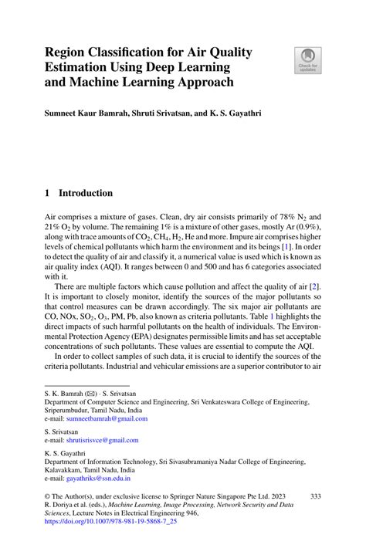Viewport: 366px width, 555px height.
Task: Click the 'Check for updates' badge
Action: click(x=308, y=60)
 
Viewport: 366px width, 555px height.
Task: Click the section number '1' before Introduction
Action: click(x=47, y=193)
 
